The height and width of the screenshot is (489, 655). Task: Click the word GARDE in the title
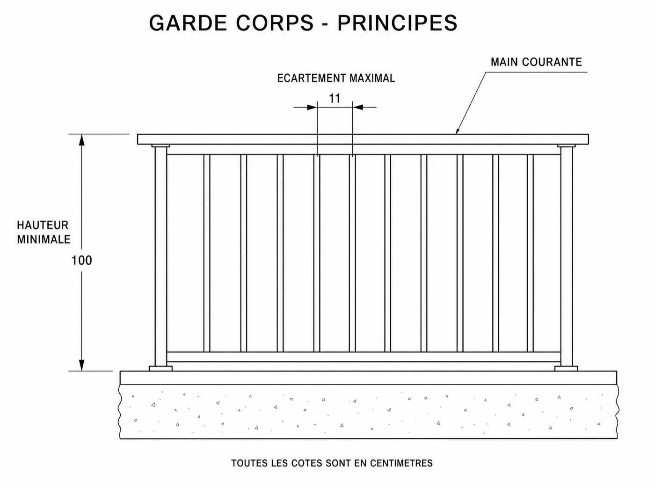[x=188, y=23]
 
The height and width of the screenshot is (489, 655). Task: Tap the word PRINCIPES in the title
[x=397, y=23]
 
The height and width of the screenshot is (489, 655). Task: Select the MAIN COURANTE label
[x=536, y=62]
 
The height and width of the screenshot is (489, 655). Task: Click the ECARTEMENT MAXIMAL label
[x=336, y=78]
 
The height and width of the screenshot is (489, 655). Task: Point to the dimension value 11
[x=335, y=98]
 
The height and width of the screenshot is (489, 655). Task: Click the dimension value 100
[x=81, y=261]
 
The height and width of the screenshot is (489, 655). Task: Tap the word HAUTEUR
[x=43, y=225]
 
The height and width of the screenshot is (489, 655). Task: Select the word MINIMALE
[x=44, y=239]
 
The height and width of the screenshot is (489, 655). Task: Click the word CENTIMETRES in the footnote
[x=401, y=463]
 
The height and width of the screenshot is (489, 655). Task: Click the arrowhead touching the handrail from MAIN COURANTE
[x=458, y=130]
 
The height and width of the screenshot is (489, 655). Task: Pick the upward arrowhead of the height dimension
[x=81, y=140]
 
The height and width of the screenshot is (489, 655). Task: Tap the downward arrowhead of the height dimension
[x=81, y=365]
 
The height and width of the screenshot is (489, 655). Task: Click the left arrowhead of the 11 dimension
[x=312, y=107]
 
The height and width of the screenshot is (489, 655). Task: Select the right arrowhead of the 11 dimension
[x=358, y=107]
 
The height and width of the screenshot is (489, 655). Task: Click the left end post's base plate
[x=160, y=368]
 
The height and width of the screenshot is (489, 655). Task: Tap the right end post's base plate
[x=566, y=368]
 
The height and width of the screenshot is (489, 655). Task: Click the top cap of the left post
[x=160, y=146]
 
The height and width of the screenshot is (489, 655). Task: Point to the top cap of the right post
[x=567, y=146]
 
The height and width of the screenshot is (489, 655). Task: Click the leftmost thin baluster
[x=207, y=253]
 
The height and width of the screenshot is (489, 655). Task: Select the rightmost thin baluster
[x=530, y=253]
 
